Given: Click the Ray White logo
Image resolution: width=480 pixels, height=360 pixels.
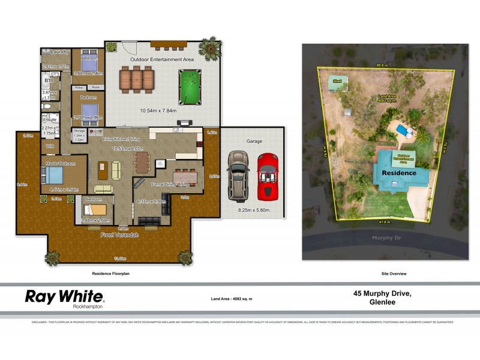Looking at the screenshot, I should pos(64,298).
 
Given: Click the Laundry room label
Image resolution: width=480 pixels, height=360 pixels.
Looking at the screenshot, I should pos(61,52).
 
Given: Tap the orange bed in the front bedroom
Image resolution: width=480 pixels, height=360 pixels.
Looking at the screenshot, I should pos(94,209).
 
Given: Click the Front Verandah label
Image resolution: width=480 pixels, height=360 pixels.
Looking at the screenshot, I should pos(120,235).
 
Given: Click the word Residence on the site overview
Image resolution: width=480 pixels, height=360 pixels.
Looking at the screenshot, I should pos(399,173).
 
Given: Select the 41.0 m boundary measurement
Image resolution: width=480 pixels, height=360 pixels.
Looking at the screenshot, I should pos(384,221).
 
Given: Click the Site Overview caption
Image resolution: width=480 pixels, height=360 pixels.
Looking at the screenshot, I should pos(394,274).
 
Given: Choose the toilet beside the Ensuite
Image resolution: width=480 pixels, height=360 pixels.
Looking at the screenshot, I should pos(46,106).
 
